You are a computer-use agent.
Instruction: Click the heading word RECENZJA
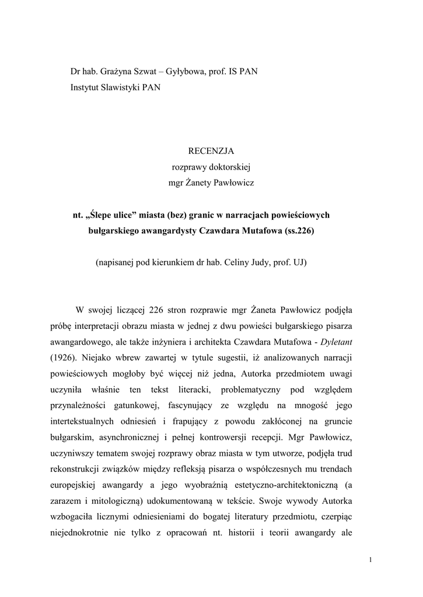(x=211, y=151)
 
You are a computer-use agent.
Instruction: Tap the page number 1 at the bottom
(x=370, y=560)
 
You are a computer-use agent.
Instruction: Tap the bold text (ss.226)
(x=298, y=230)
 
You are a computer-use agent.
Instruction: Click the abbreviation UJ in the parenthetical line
(x=300, y=262)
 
